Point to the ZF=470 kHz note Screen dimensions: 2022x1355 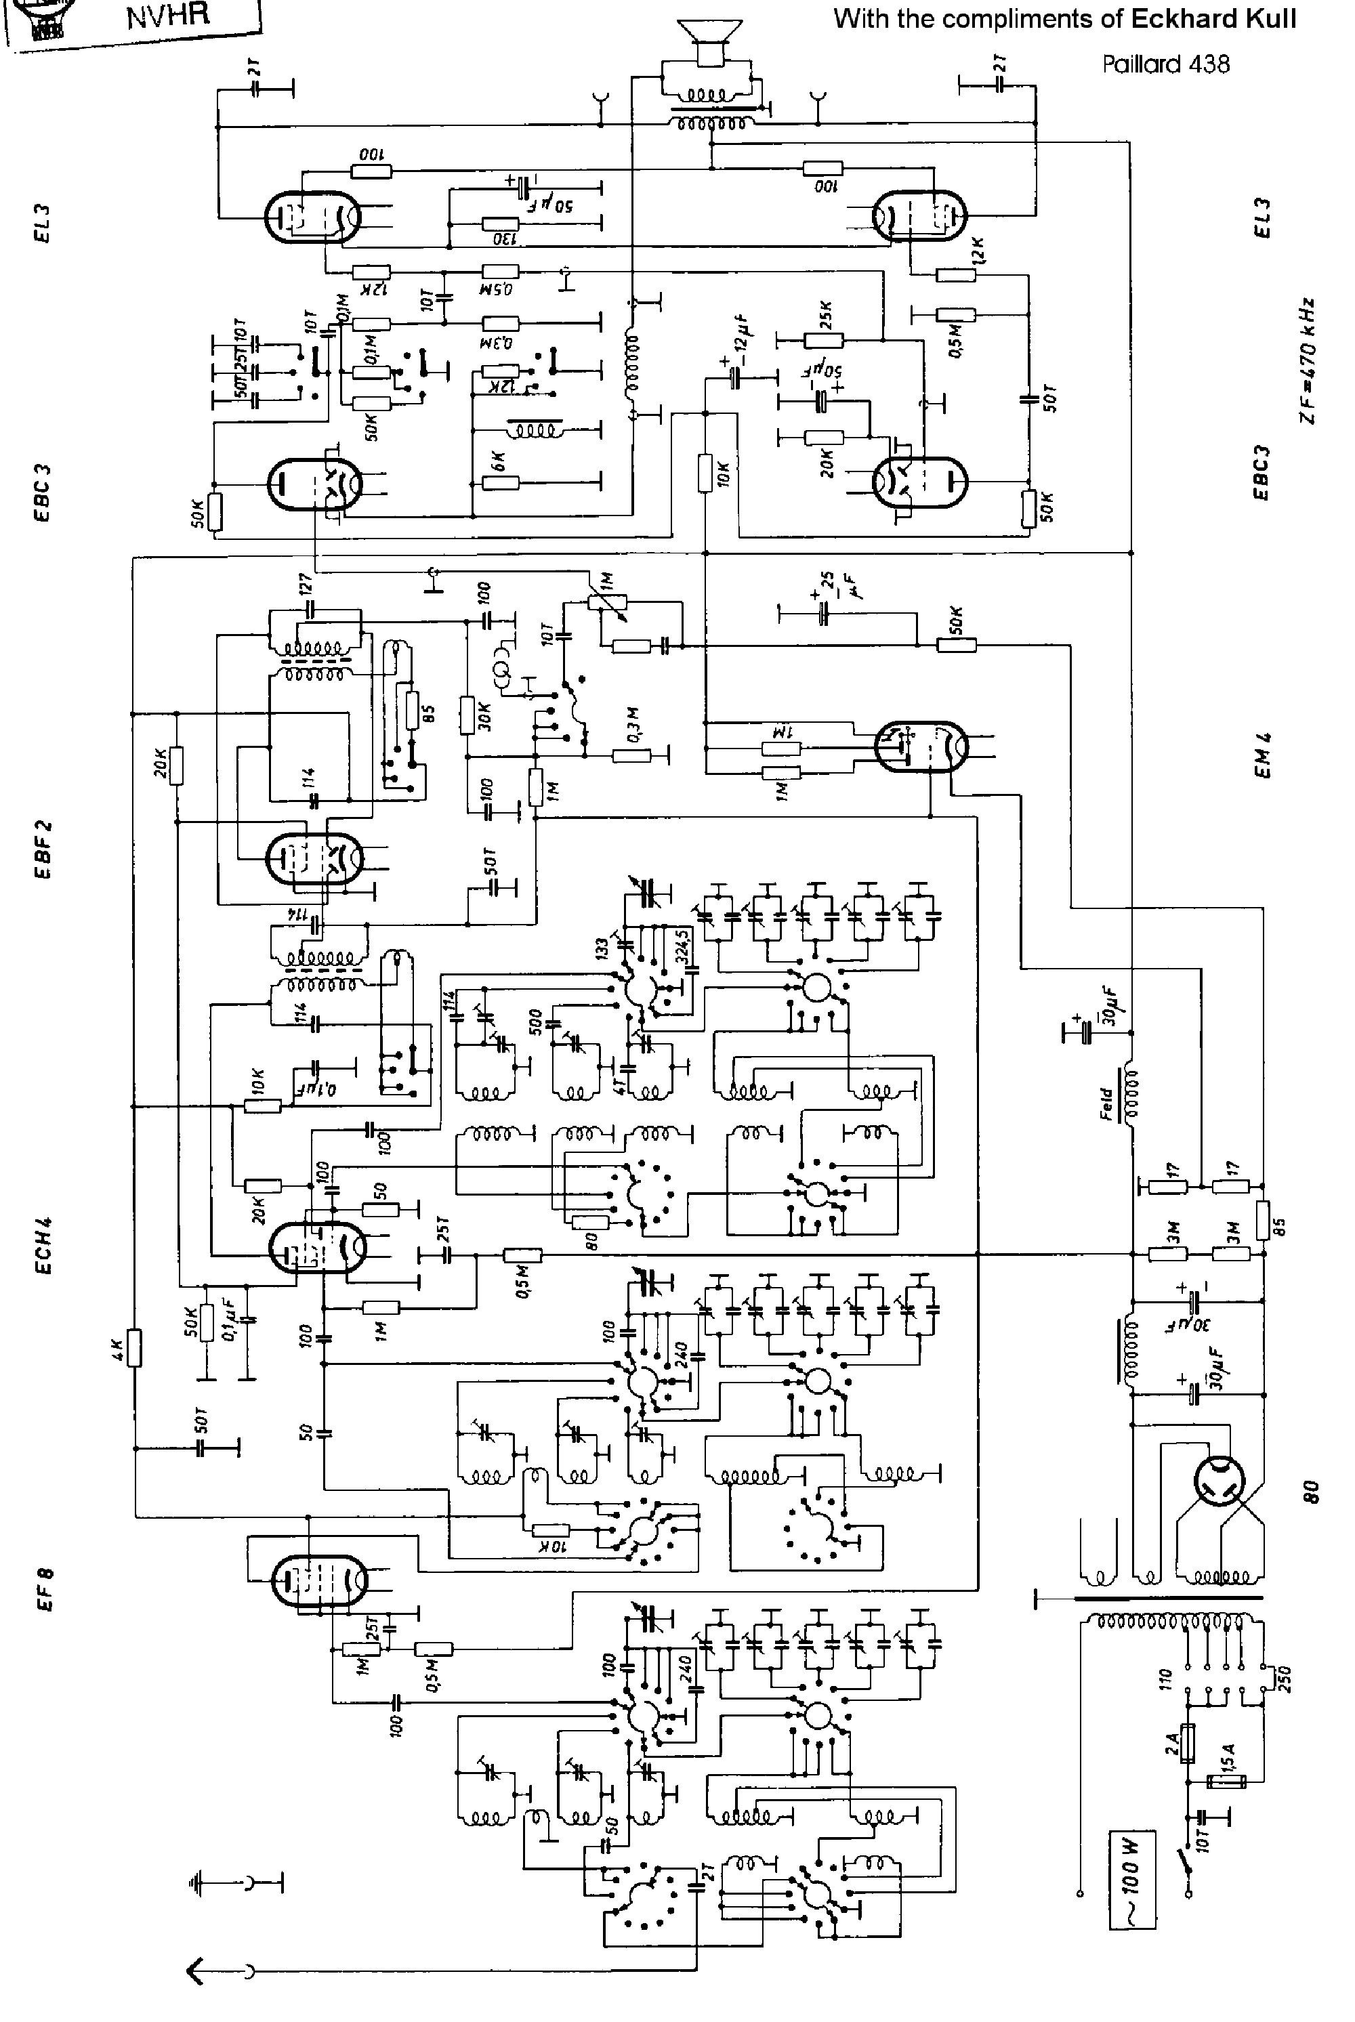pos(1308,360)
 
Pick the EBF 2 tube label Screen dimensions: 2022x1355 pos(45,850)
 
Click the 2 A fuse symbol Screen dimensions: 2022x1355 pos(1189,1744)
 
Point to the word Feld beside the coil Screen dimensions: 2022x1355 pos(1106,1104)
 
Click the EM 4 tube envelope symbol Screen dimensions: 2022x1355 pos(920,746)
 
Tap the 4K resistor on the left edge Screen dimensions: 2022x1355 pos(134,1347)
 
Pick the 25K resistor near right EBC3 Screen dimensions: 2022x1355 pos(822,341)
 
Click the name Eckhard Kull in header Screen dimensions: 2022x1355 pos(1213,19)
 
